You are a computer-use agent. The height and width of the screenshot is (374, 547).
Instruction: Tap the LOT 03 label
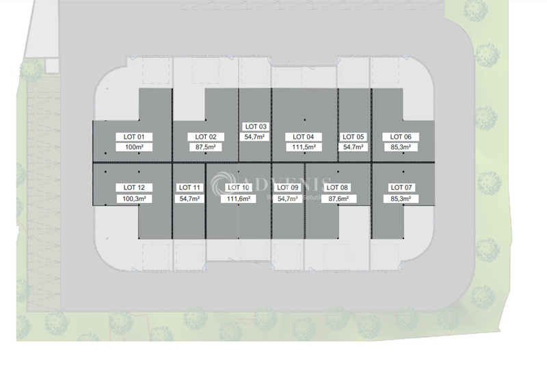point(256,126)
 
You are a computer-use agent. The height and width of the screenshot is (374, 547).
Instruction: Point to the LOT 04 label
point(303,137)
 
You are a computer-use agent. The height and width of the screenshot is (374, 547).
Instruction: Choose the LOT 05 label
point(353,137)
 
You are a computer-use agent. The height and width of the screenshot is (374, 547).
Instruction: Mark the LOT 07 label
point(401,187)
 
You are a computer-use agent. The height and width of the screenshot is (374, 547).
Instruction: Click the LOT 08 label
point(338,187)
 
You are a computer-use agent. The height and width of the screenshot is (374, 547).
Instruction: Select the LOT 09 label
point(287,187)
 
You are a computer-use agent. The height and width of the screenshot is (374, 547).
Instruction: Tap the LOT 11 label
point(189,187)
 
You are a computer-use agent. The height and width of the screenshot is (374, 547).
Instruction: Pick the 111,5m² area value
point(303,147)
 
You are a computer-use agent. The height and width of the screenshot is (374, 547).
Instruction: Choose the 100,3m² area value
point(134,198)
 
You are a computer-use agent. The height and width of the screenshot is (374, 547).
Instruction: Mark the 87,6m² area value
point(338,198)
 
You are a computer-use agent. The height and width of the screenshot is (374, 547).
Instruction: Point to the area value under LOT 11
point(189,198)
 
